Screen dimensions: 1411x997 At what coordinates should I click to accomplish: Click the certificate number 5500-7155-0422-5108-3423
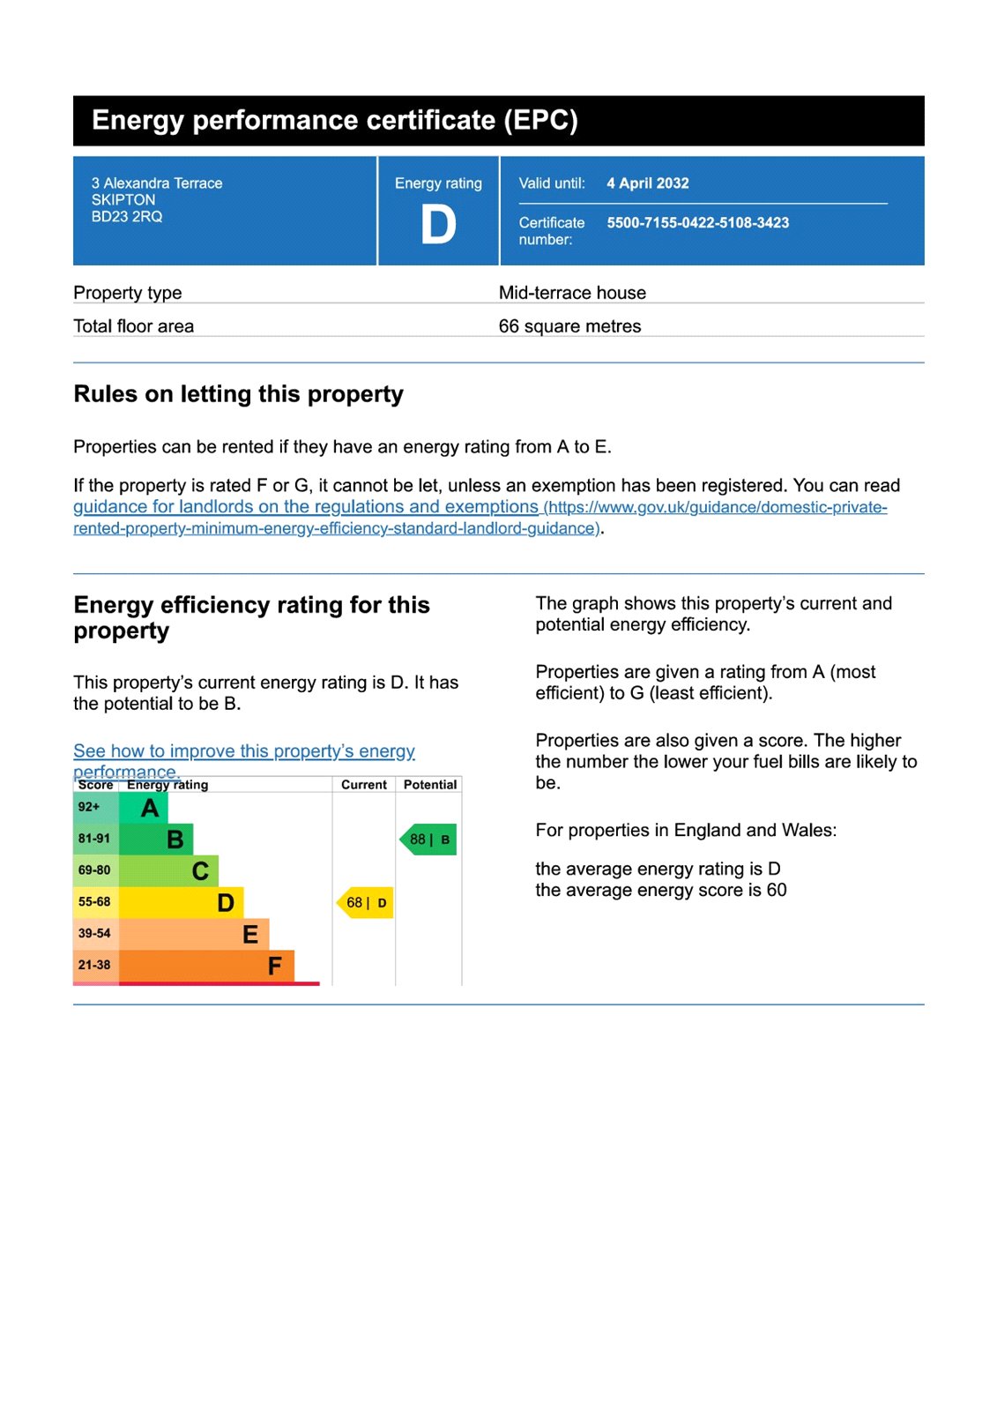697,223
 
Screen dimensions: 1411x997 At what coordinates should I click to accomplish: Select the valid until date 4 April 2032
647,183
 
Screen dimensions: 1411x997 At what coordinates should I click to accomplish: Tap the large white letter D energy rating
438,225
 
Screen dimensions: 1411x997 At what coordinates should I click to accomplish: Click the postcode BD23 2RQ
127,217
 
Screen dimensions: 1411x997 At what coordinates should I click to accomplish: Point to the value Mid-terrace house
572,293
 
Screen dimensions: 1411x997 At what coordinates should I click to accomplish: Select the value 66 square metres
569,326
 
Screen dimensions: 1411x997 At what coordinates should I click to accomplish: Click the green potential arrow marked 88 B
429,840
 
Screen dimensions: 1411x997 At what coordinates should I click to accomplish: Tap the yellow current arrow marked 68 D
366,903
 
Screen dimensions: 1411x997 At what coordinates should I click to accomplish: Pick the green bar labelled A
143,808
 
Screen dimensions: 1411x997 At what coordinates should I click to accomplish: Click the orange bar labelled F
206,966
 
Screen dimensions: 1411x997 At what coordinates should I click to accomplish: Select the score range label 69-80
94,870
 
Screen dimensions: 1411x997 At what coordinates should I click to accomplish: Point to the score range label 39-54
94,934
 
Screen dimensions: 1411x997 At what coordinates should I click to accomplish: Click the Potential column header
430,785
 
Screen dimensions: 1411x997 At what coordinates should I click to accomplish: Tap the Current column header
364,785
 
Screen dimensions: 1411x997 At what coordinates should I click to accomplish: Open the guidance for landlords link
305,507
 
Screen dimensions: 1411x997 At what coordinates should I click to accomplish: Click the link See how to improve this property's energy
243,751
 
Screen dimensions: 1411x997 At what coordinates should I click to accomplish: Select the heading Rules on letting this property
238,394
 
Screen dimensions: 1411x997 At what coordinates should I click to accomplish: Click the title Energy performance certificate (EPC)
335,121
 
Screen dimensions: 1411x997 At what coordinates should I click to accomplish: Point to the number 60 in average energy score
777,891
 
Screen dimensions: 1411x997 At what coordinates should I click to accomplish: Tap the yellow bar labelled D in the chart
181,903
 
